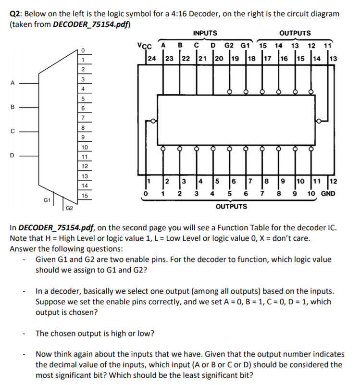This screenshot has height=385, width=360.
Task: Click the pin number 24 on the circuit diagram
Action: (x=151, y=59)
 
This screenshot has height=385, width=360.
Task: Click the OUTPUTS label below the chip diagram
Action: (x=231, y=207)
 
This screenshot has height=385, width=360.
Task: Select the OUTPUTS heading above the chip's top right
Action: (x=295, y=33)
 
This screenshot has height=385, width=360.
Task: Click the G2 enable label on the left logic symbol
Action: (x=69, y=208)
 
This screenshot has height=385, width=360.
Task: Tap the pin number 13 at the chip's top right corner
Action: (x=334, y=59)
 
